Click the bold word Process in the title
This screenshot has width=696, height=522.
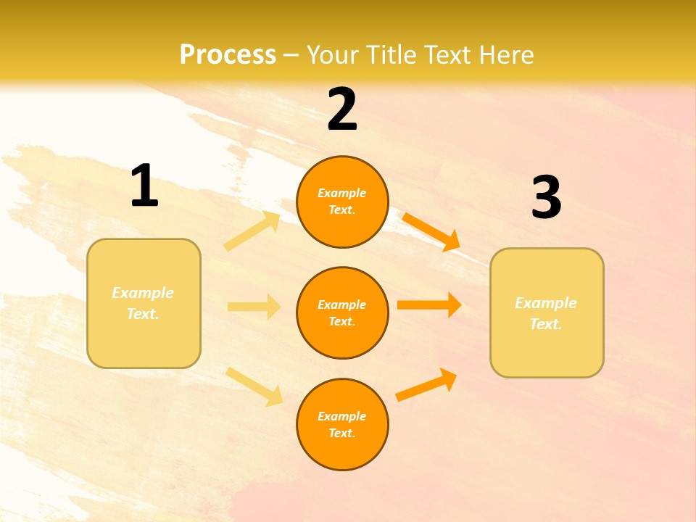pos(228,55)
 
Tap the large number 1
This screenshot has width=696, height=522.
pos(144,186)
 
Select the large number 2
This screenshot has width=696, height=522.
pos(342,109)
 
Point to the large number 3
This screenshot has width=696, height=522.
pos(547,197)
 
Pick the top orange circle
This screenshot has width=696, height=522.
pos(342,202)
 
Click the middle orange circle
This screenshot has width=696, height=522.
pos(342,312)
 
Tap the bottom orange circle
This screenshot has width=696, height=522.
pos(342,424)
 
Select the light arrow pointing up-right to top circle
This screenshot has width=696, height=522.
pos(252,231)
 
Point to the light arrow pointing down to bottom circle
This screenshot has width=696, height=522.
pos(254,386)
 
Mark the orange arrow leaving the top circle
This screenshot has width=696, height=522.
pos(431,231)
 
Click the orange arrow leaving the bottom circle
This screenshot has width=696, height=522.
pos(427,384)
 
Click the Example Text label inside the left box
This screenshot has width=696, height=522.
pos(143,303)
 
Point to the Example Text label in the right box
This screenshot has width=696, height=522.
pos(546,313)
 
